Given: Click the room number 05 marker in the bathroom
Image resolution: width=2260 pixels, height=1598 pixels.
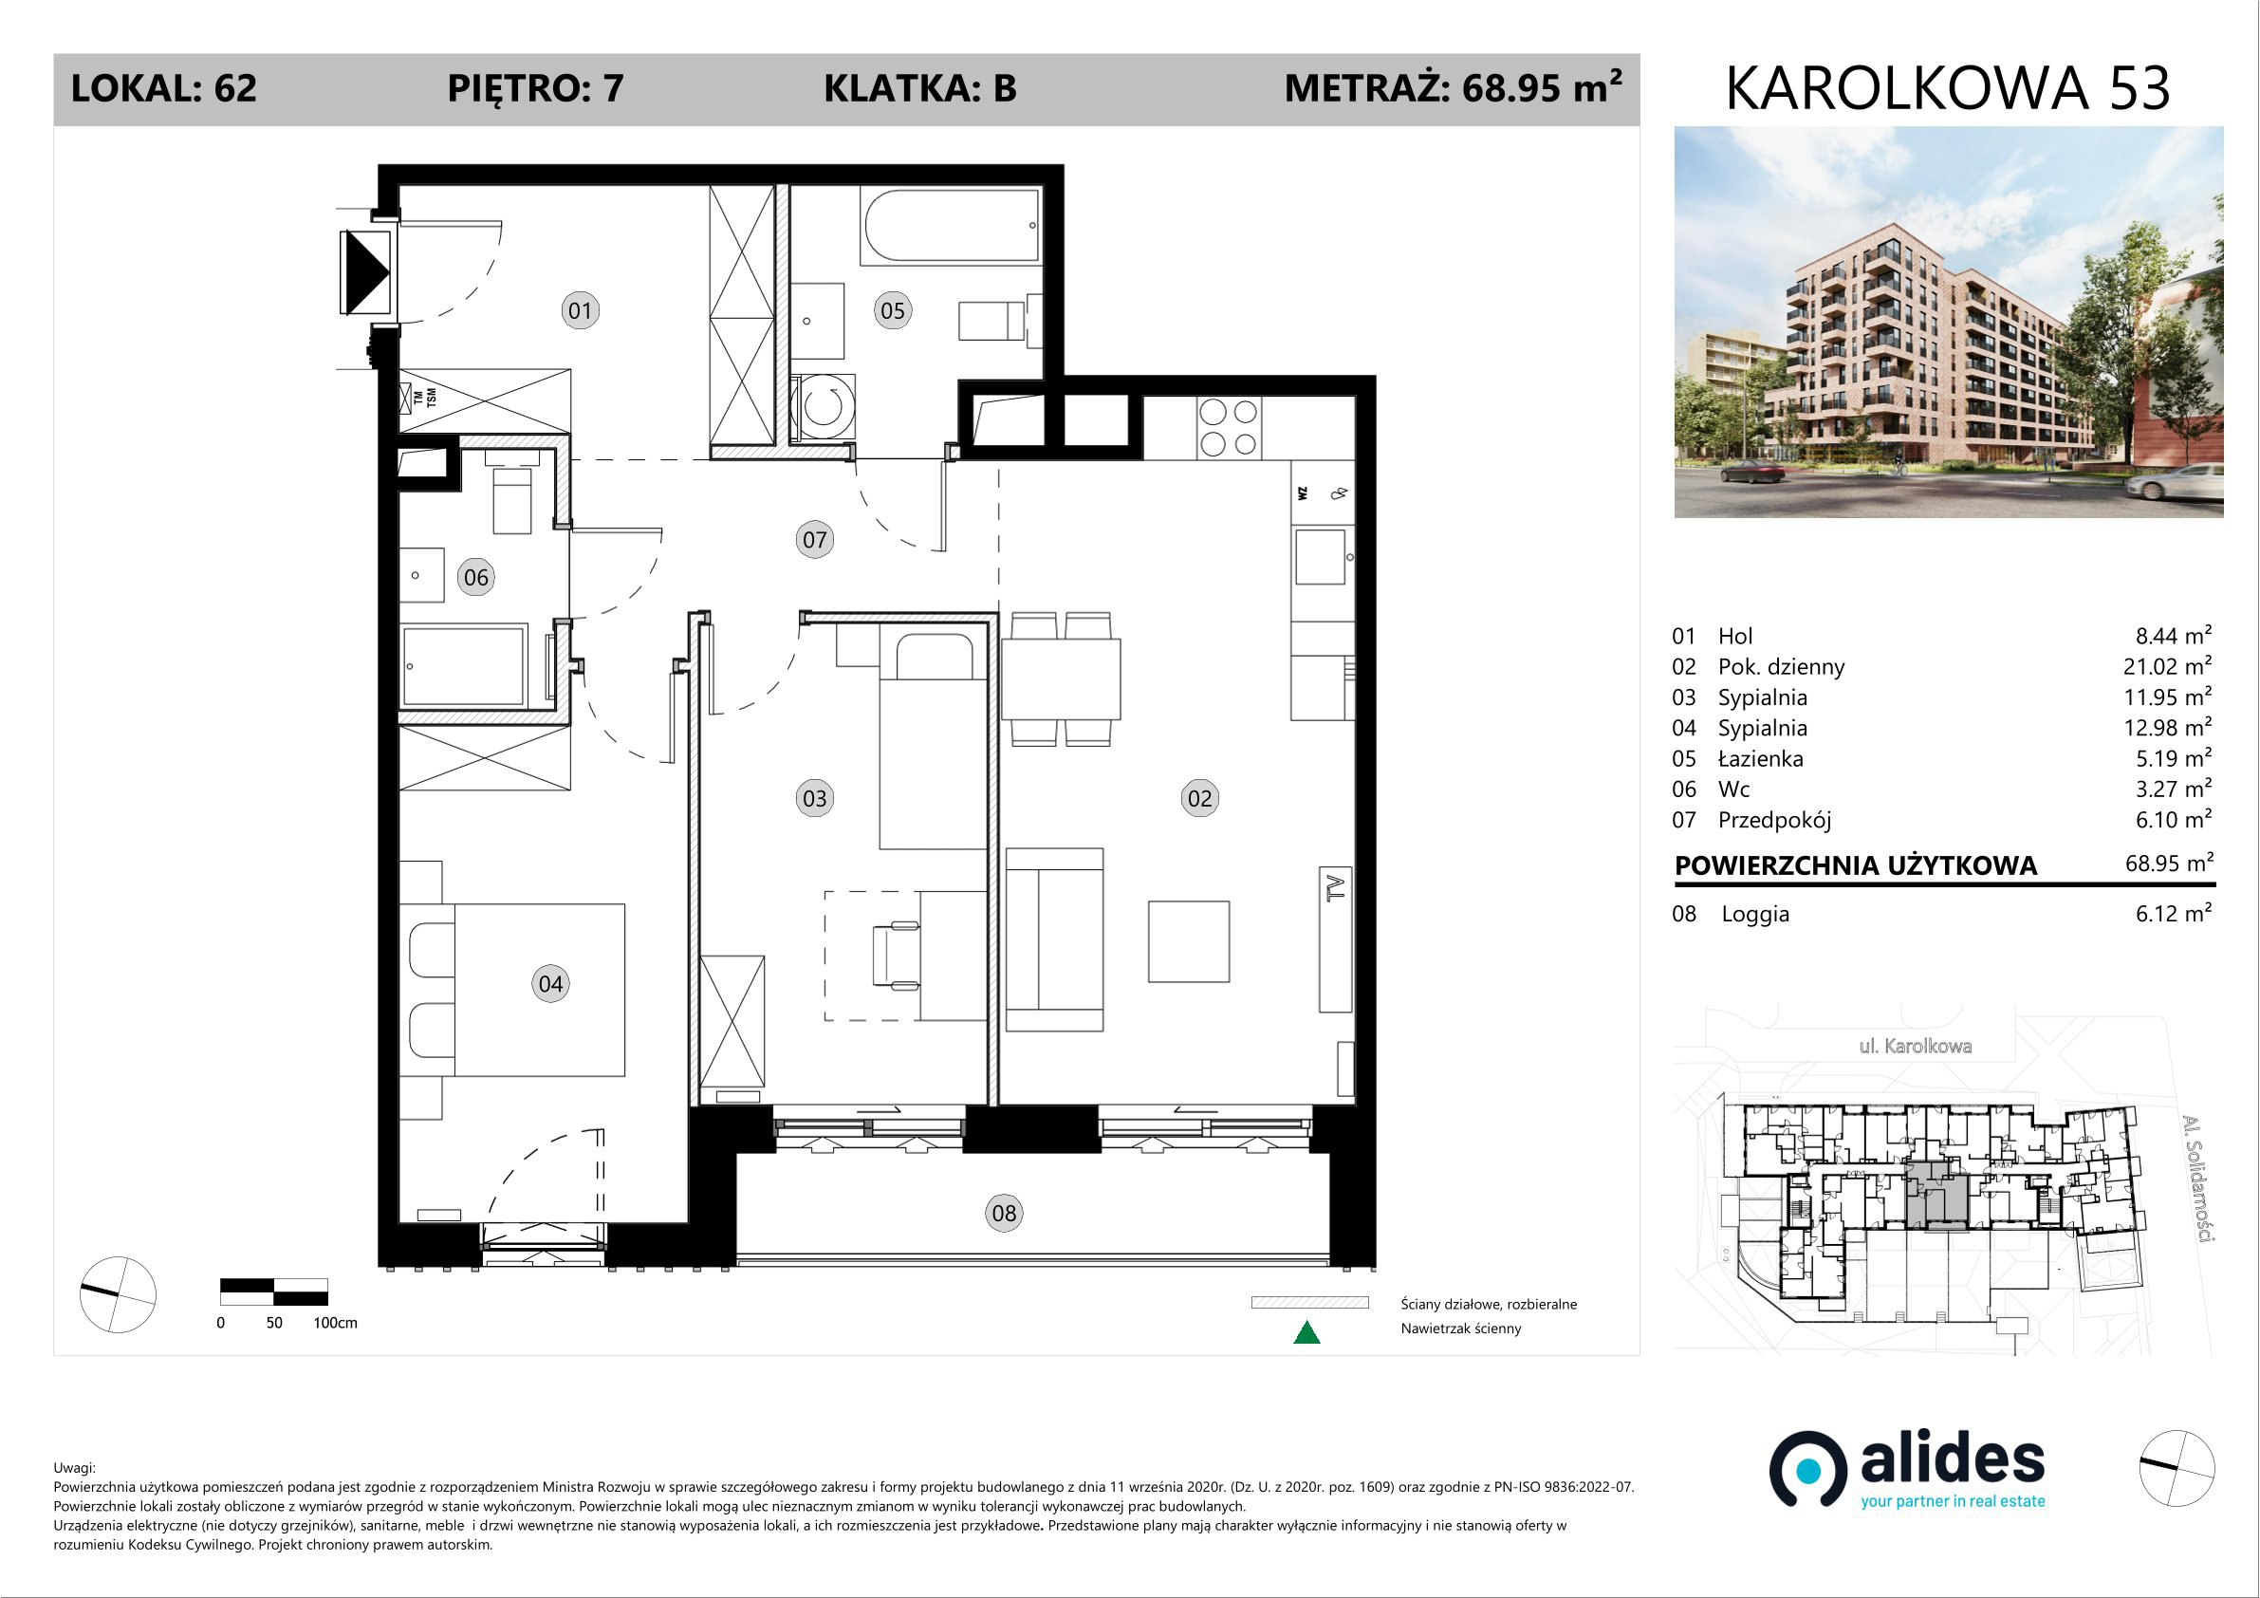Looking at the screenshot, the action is pyautogui.click(x=893, y=311).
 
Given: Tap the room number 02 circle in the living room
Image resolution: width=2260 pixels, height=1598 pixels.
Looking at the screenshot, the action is pyautogui.click(x=1200, y=798).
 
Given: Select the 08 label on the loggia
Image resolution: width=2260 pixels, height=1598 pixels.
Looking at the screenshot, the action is pyautogui.click(x=1004, y=1213).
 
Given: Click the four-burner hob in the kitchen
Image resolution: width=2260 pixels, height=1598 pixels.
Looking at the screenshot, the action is pyautogui.click(x=1229, y=427).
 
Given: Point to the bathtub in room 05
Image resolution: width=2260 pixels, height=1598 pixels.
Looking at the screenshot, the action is pyautogui.click(x=951, y=226).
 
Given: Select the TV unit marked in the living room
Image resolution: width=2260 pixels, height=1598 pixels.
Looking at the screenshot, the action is pyautogui.click(x=1336, y=939).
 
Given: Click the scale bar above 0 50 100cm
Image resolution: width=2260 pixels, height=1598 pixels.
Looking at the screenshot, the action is pyautogui.click(x=273, y=1291).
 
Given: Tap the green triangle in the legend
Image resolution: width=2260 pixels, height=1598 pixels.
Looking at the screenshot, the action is pyautogui.click(x=1306, y=1332).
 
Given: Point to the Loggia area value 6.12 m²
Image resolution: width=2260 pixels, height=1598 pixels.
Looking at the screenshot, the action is pyautogui.click(x=2174, y=913).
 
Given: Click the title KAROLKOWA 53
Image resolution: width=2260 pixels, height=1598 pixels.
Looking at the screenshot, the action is pyautogui.click(x=1948, y=88).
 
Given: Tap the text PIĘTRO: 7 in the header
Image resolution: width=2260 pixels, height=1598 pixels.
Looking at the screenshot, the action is pyautogui.click(x=535, y=88).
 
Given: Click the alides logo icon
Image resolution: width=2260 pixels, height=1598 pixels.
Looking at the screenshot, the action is pyautogui.click(x=1807, y=1469).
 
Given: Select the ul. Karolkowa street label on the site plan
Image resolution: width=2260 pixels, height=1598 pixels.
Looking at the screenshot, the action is pyautogui.click(x=1915, y=1046).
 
